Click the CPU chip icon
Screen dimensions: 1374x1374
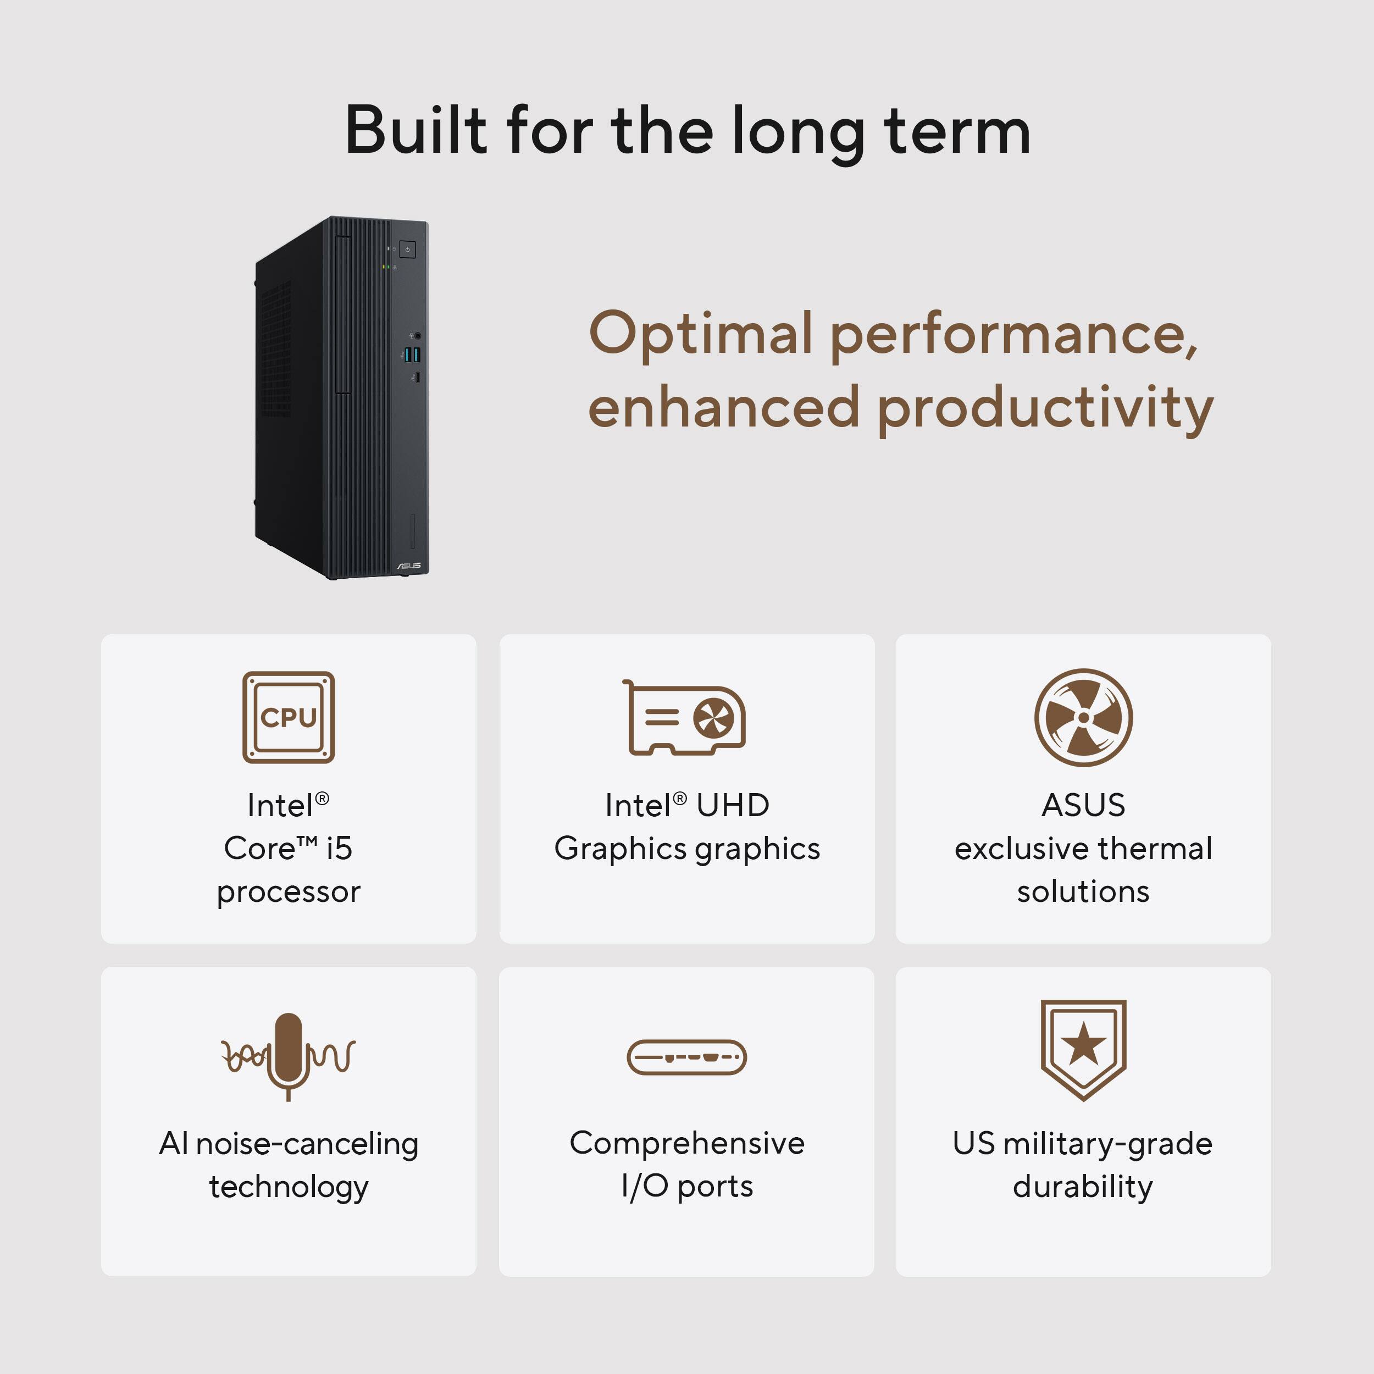288,717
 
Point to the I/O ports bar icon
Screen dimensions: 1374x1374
686,1057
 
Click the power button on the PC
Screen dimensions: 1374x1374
407,250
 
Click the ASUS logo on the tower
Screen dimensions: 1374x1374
409,566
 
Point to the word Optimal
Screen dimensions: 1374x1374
701,334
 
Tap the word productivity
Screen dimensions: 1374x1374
1045,409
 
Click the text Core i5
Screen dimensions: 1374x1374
288,847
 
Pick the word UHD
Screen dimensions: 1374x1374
733,805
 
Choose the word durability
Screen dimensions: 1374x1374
1082,1186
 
